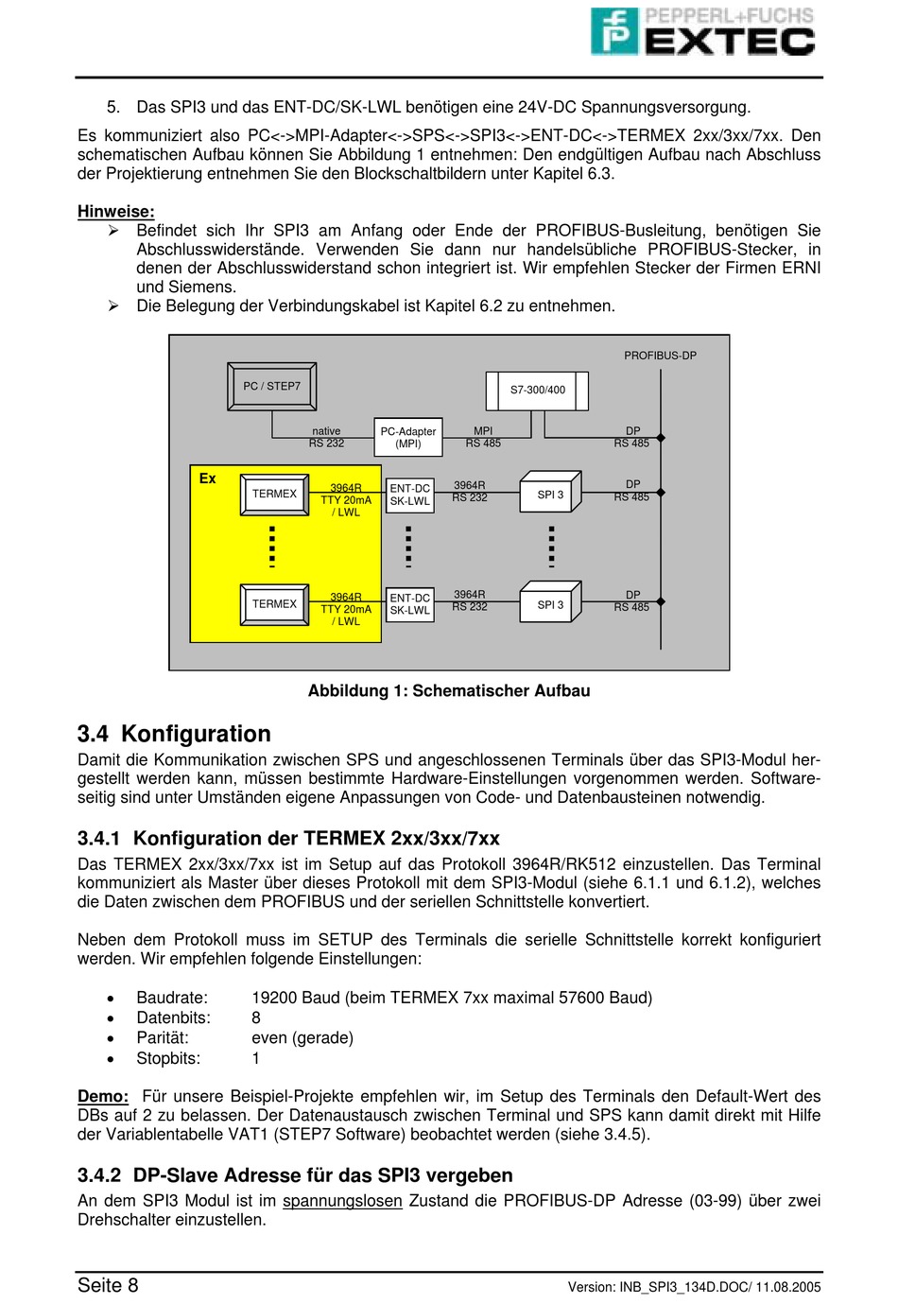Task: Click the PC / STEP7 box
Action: tap(271, 386)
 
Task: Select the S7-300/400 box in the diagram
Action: tap(537, 390)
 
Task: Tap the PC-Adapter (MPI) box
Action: tap(408, 437)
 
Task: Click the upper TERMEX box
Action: tap(274, 494)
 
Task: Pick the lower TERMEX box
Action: tap(274, 603)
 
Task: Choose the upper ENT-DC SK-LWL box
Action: tap(410, 496)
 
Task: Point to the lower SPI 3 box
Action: tap(550, 604)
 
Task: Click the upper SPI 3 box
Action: tap(550, 495)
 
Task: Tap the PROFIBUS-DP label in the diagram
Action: tap(660, 356)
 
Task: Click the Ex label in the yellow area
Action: tap(208, 478)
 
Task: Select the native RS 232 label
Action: tap(326, 437)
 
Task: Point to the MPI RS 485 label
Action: tap(483, 437)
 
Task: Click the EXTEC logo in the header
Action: tap(703, 32)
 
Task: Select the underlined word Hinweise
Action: tap(115, 212)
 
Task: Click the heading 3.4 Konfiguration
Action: tap(174, 734)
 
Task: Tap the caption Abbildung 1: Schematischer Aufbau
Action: tap(449, 691)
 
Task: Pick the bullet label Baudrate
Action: tap(172, 998)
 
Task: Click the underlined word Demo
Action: tap(102, 1096)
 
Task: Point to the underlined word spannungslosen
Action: tap(342, 1201)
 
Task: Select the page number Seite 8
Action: tap(108, 1285)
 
